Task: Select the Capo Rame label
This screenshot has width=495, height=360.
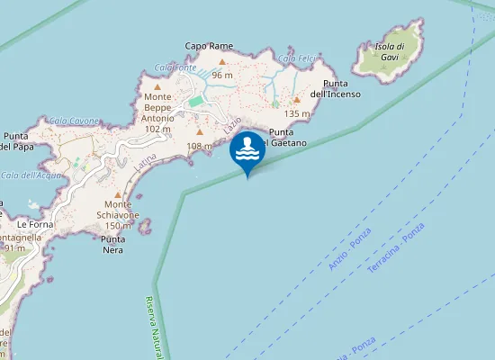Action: tap(209, 46)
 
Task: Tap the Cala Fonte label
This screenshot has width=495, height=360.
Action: tap(175, 67)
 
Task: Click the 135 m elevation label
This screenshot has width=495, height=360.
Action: tap(296, 114)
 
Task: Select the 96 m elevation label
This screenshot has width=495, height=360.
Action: tap(222, 76)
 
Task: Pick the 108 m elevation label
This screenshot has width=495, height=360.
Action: tap(199, 146)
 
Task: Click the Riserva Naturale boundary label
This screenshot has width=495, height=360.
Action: tap(157, 329)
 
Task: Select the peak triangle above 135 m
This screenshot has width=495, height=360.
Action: tap(296, 100)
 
